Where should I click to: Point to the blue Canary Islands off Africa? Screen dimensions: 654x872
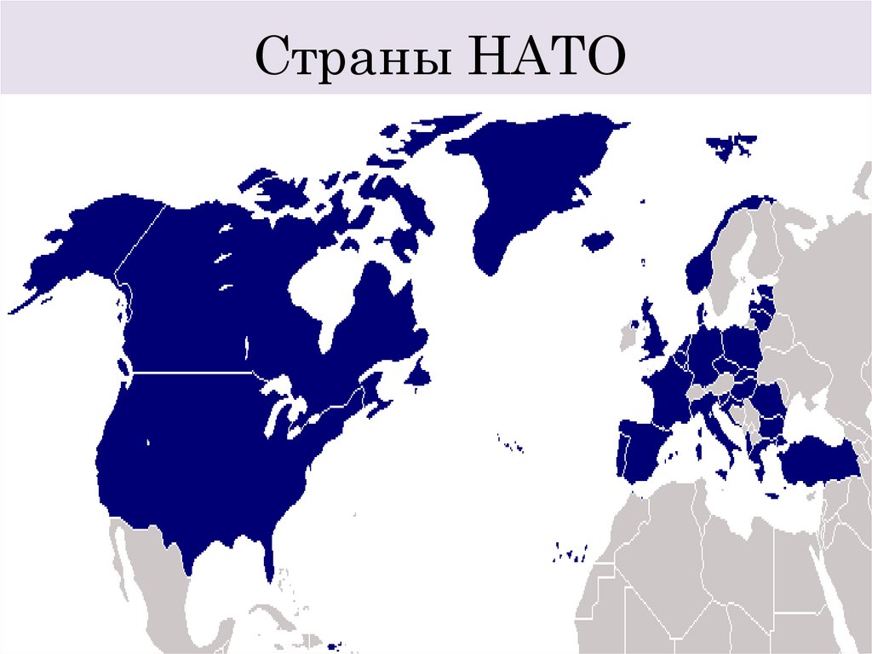click(568, 553)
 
